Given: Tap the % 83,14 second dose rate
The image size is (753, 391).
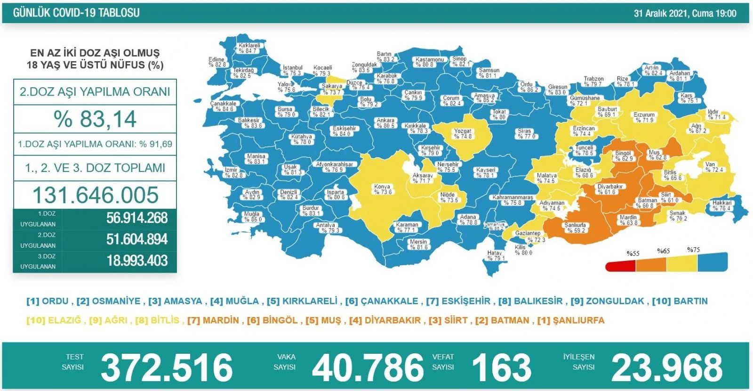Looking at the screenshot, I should pos(95,119).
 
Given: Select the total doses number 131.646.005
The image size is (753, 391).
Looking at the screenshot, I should pos(95,195).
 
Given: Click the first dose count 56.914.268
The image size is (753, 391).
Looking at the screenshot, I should pos(136,218).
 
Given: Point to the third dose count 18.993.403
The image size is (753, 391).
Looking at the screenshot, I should pos(136,261).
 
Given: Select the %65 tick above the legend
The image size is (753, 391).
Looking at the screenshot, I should pos(664,251).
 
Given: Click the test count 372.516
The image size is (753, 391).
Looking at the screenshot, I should pos(167,367).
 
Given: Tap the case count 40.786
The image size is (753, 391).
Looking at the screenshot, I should pos(368,367).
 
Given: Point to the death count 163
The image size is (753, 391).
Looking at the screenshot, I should pos(501,367).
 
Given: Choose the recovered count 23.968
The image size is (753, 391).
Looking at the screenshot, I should pos(666,367).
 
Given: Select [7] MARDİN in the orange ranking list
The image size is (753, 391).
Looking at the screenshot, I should pos(213,320).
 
